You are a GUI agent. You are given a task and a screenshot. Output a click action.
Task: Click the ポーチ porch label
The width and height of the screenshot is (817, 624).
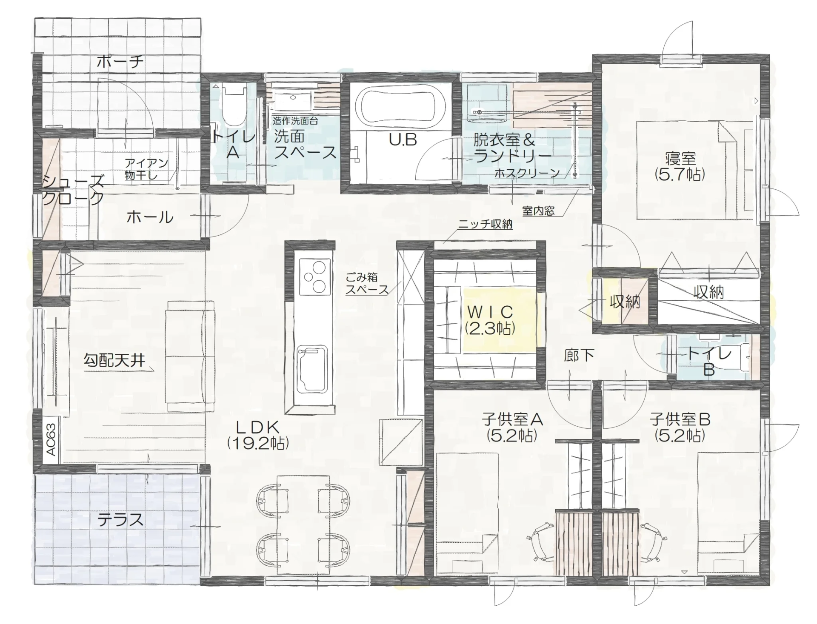(120, 62)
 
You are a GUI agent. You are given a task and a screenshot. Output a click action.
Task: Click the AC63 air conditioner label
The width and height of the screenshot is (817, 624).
(51, 439)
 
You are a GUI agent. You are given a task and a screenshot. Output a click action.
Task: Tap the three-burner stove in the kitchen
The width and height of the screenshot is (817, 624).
(315, 277)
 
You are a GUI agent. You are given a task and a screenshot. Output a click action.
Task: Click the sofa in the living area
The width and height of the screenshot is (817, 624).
(191, 356)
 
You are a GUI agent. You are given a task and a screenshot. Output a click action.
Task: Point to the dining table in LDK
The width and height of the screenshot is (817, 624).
(303, 524)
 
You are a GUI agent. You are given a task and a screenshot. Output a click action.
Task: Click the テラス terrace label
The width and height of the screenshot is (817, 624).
(121, 520)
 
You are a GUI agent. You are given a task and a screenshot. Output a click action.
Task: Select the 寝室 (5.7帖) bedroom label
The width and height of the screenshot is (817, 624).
(680, 166)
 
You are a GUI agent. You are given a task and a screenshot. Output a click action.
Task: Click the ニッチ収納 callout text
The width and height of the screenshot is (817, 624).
(485, 224)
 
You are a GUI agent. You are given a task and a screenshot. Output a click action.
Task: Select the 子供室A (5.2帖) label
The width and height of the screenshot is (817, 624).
(512, 427)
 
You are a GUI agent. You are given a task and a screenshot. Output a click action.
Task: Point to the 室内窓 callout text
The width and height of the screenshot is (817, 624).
(538, 211)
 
